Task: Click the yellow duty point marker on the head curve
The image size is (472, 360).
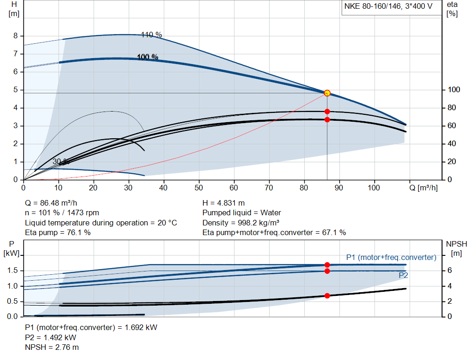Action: [327, 93]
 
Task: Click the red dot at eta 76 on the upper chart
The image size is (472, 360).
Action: [327, 112]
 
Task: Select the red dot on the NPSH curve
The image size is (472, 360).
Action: [327, 295]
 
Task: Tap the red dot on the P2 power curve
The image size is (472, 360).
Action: [327, 271]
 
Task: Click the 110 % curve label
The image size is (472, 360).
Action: [151, 35]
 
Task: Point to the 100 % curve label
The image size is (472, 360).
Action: [147, 57]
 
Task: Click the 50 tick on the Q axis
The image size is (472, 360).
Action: [199, 188]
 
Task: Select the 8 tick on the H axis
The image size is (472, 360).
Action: [15, 36]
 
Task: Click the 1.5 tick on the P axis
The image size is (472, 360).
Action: [13, 271]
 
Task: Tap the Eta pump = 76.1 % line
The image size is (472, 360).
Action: [58, 232]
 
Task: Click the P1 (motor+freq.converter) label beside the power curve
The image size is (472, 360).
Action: [391, 257]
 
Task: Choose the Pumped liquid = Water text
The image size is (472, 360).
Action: [242, 213]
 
